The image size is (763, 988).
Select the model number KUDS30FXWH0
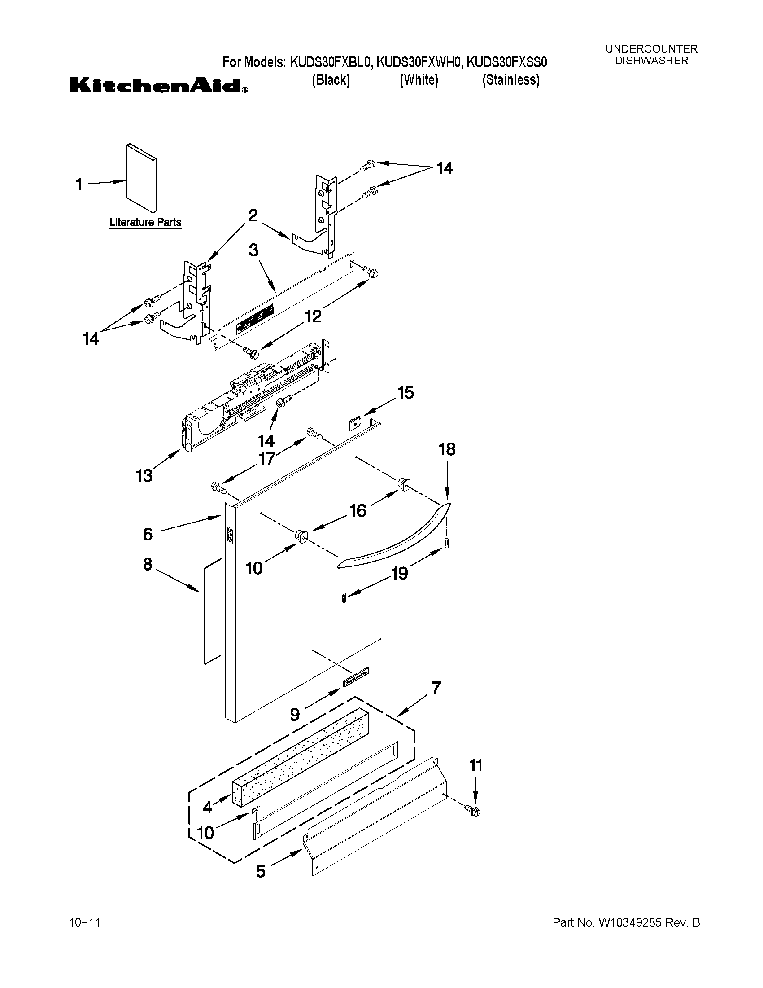(x=419, y=62)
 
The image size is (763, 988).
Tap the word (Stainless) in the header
(x=511, y=80)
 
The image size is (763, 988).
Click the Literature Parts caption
(x=145, y=223)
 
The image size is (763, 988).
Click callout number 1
(x=79, y=184)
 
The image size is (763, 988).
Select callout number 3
(x=253, y=250)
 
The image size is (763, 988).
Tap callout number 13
(x=144, y=475)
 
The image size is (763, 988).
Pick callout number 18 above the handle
(x=447, y=449)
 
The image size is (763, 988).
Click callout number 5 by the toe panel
(x=260, y=871)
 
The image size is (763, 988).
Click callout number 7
(x=436, y=688)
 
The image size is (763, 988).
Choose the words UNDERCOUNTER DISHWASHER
(x=651, y=55)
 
